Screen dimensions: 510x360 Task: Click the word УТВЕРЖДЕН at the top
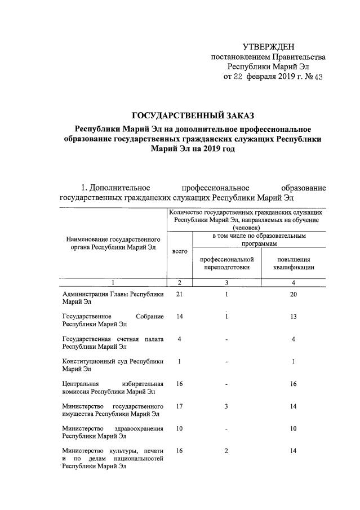point(268,46)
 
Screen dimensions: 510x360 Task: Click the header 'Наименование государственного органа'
point(113,243)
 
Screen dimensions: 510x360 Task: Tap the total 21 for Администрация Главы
point(179,294)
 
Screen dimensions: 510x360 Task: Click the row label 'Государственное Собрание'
point(113,320)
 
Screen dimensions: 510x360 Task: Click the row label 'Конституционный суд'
point(113,365)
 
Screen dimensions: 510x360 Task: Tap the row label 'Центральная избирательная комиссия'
point(113,388)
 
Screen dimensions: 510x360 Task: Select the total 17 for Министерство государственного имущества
point(179,406)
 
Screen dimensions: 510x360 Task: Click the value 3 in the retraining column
point(225,406)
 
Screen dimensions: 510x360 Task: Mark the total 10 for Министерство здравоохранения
point(179,429)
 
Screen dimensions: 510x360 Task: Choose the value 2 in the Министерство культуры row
point(225,451)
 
